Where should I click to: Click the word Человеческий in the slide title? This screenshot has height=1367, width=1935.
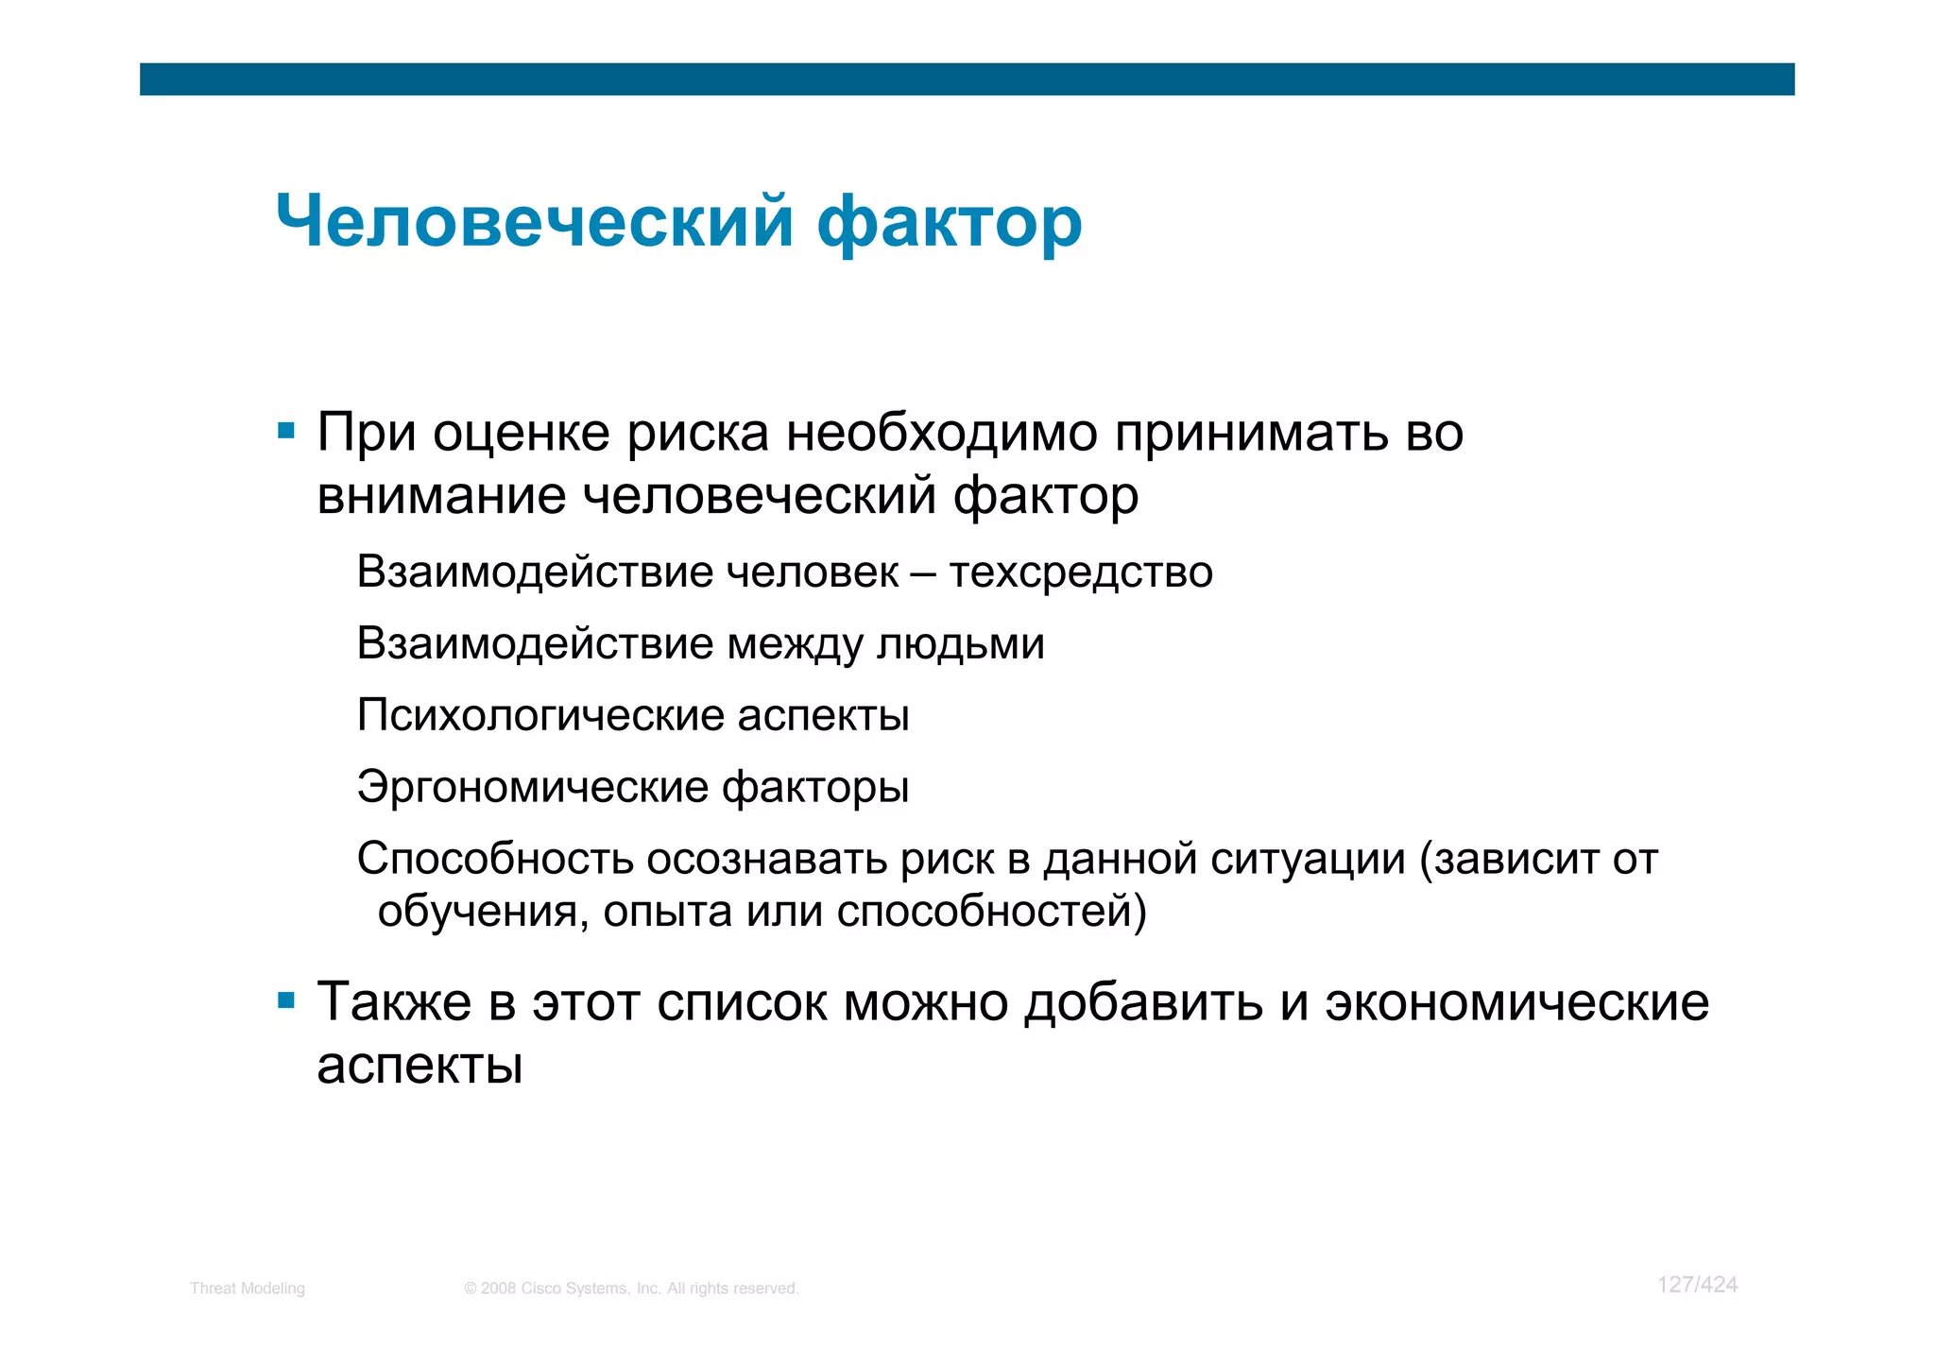coord(534,223)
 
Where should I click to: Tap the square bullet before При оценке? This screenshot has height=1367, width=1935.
coord(286,433)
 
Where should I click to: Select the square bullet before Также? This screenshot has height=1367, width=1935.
coord(286,1000)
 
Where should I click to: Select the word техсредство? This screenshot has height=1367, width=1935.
coord(1081,572)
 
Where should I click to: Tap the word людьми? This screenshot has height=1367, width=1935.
coord(961,644)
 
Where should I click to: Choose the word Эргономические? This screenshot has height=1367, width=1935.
coord(532,787)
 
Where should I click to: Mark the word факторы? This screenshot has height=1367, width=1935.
coord(815,787)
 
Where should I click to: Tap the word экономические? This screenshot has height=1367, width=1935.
coord(1516,1002)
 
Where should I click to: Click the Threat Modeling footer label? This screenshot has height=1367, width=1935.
coord(248,1289)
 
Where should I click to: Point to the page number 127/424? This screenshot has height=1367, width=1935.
coord(1697,1285)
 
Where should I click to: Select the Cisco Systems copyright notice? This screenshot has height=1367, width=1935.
coord(631,1289)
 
